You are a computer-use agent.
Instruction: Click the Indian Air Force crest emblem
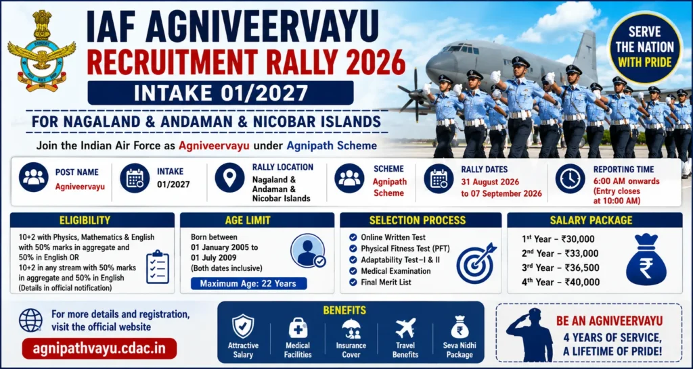click(41, 50)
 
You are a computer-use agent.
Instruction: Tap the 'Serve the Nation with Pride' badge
click(645, 47)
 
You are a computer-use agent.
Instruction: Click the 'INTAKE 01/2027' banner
click(221, 93)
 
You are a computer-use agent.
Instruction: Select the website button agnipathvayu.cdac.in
click(99, 348)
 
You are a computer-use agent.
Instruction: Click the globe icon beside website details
click(31, 320)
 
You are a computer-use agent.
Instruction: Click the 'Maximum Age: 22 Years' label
click(249, 283)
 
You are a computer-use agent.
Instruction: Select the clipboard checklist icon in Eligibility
click(157, 266)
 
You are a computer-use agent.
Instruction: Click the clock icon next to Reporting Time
click(570, 178)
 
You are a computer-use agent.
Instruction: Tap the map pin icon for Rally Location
click(230, 178)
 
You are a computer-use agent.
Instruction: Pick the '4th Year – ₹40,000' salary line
click(560, 282)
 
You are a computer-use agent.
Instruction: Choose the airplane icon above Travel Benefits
click(406, 328)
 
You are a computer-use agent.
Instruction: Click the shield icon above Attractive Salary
click(243, 326)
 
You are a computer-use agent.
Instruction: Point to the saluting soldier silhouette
click(529, 334)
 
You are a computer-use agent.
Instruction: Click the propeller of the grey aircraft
click(416, 95)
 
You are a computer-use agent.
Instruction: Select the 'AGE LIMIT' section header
click(256, 220)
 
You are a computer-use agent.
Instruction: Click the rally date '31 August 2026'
click(490, 181)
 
